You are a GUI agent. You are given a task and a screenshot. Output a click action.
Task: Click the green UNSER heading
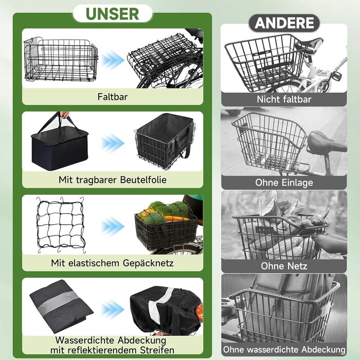click(112, 14)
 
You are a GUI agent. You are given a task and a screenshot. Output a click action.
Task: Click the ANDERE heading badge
click(284, 23)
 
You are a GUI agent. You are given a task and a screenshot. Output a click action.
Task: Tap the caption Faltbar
click(113, 97)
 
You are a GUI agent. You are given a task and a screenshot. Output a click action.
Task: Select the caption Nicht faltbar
click(284, 99)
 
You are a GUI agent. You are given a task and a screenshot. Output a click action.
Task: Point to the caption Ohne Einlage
click(284, 183)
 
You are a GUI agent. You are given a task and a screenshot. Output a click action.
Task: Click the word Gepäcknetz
click(148, 263)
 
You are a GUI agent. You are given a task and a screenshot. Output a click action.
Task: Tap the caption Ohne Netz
click(284, 266)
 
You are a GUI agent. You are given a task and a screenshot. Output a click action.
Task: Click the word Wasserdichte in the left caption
click(85, 340)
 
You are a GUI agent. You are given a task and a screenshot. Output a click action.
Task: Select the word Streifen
click(157, 350)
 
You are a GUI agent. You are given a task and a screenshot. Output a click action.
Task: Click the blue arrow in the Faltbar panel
click(113, 60)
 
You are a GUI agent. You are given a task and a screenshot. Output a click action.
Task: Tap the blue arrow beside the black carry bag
click(113, 143)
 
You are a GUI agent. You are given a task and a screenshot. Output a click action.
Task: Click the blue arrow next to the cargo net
click(113, 226)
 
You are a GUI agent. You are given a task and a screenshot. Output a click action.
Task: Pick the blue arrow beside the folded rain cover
click(113, 310)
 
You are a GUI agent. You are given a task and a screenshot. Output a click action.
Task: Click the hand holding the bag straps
click(64, 115)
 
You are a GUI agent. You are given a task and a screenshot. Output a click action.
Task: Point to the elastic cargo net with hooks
click(61, 225)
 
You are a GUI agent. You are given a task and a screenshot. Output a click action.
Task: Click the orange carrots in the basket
click(177, 219)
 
